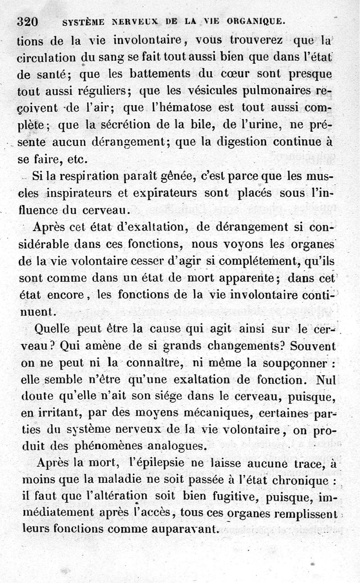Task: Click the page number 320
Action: coord(27,21)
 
